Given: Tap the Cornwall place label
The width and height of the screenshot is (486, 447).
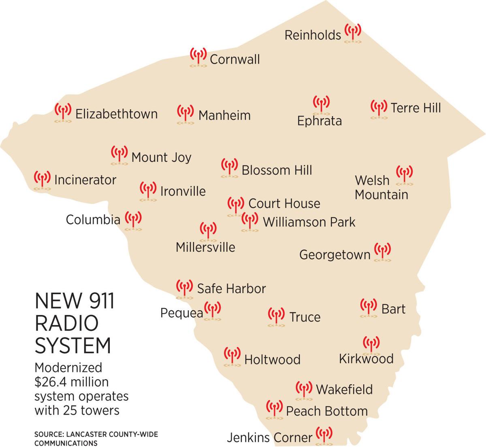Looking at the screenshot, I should tap(235, 59).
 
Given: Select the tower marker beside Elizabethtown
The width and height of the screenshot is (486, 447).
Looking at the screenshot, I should tap(63, 112).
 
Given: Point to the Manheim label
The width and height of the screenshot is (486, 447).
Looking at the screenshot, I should tap(224, 115).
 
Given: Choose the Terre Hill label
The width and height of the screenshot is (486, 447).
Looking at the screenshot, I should tap(416, 108).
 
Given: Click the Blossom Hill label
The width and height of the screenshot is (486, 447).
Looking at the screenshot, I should tap(277, 170).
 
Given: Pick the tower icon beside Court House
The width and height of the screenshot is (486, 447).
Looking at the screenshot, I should tap(236, 206).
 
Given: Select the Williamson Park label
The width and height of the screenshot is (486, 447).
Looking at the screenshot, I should tap(309, 222).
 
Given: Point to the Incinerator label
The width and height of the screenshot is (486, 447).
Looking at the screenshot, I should tap(85, 180).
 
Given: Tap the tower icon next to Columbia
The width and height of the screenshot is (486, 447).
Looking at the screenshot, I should tap(133, 220).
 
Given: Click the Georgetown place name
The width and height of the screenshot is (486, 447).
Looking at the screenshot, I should tap(335, 255).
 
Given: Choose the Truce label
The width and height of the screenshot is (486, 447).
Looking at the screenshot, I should tap(305, 317).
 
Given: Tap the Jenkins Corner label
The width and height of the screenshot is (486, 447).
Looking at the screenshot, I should tap(269, 438).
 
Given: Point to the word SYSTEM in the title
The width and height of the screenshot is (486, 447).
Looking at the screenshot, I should tap(73, 345).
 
